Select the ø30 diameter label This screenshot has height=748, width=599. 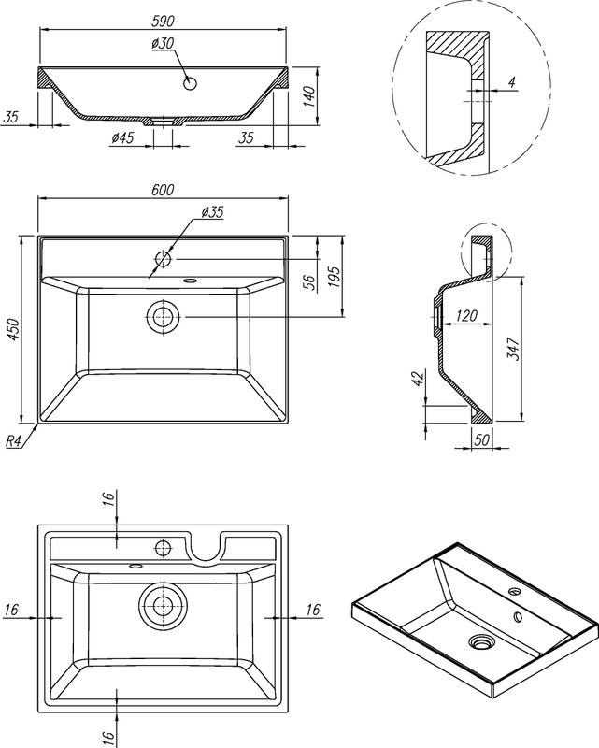163,43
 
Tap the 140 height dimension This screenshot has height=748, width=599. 310,95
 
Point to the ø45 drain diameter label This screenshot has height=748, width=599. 122,138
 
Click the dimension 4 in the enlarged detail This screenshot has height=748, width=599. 511,84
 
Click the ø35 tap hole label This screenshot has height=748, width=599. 212,212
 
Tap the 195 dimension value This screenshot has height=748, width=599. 335,276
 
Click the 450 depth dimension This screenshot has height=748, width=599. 13,329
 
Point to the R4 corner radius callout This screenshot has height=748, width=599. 14,441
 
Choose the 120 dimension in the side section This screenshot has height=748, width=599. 469,317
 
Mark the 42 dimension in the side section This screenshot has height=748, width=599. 418,378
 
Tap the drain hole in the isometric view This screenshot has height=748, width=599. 482,641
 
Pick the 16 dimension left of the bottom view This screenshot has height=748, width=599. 12,610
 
